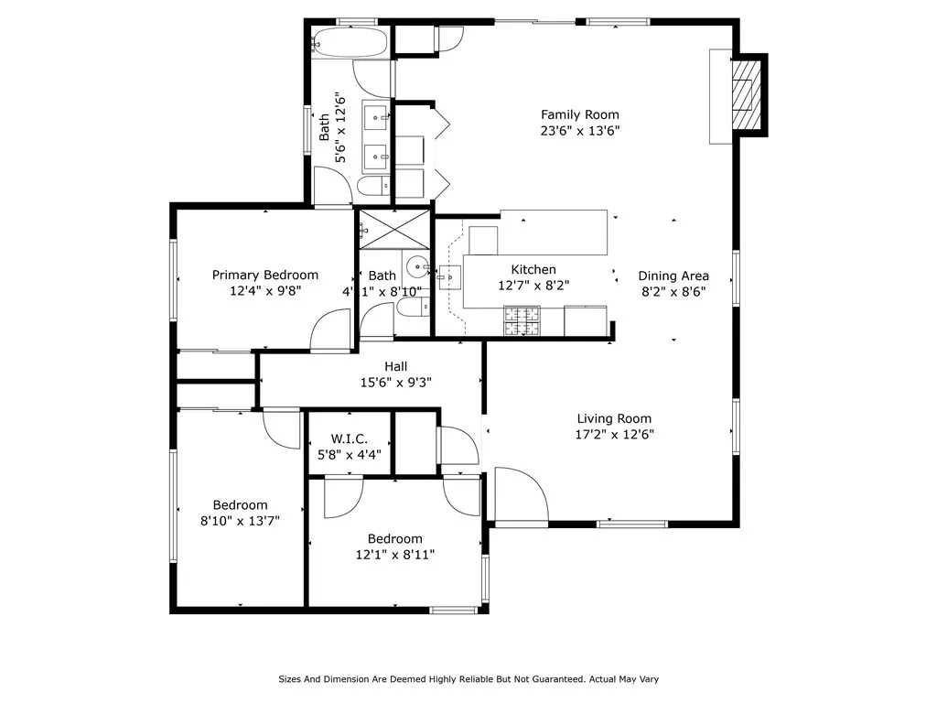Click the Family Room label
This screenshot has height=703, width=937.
click(x=579, y=114)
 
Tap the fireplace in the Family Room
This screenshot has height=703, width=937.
click(x=749, y=93)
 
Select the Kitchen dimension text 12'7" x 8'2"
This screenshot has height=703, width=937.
click(x=533, y=285)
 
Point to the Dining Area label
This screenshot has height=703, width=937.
click(x=673, y=276)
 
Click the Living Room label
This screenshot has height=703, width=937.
click(x=614, y=419)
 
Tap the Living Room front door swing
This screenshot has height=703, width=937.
click(x=518, y=494)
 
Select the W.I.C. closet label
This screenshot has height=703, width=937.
click(x=349, y=438)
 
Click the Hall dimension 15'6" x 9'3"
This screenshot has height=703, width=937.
click(x=395, y=382)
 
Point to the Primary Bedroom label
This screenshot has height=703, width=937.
click(x=265, y=275)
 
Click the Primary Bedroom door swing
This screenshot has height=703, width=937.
click(x=331, y=331)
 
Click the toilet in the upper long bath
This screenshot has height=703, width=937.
click(x=371, y=188)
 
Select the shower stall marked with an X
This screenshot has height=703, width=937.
click(x=393, y=228)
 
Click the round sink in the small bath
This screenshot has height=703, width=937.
click(x=416, y=268)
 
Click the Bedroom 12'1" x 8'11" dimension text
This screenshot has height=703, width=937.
click(x=394, y=554)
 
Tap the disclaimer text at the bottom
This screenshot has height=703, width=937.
click(x=468, y=679)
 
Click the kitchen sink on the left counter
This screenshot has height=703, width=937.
click(x=449, y=274)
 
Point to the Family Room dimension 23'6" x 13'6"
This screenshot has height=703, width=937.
click(x=579, y=130)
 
